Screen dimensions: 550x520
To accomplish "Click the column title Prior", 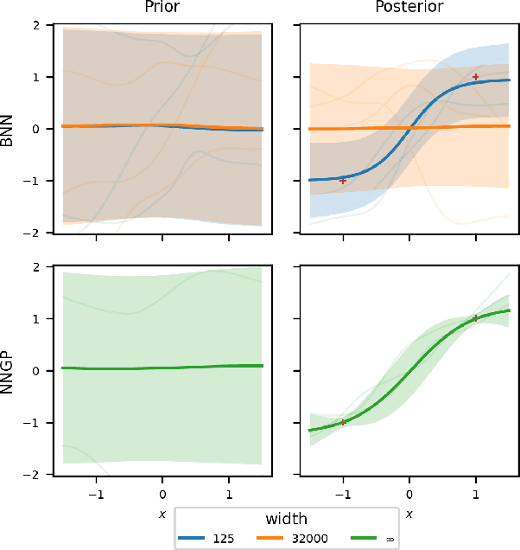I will [162, 8].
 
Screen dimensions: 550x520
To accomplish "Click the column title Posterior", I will [409, 8].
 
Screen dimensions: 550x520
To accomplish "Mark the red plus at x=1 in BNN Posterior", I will [475, 77].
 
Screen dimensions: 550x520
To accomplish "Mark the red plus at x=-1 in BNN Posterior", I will [343, 181].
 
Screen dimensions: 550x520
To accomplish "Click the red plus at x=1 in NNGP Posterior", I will [475, 318].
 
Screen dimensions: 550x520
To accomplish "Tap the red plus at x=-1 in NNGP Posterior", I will [343, 422].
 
